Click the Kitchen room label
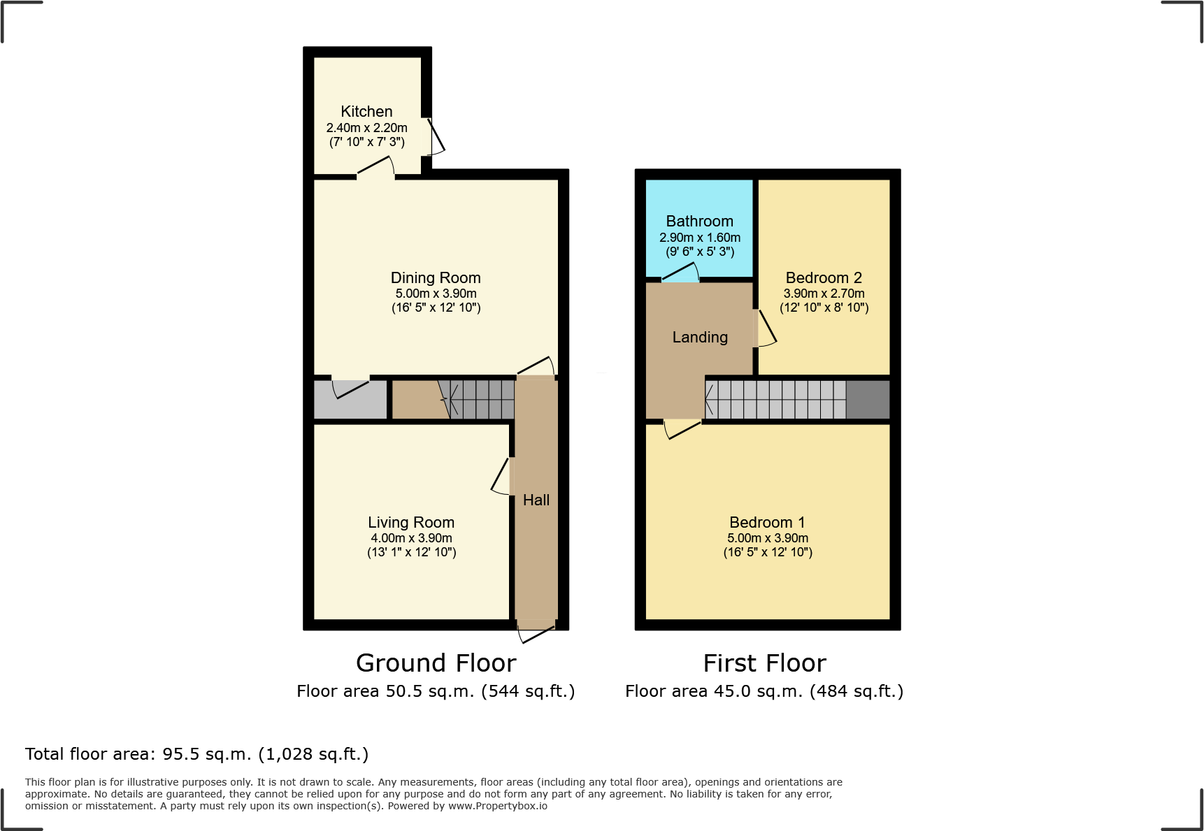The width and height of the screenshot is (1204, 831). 366,112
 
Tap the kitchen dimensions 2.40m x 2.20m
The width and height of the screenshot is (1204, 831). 366,128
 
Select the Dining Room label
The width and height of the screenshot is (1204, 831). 436,278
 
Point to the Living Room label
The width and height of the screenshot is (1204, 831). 411,523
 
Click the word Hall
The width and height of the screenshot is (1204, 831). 536,500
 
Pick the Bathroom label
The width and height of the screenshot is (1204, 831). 699,222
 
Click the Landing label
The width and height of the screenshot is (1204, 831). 700,338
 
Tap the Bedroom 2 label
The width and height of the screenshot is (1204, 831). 824,278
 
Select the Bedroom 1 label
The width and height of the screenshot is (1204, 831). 767,523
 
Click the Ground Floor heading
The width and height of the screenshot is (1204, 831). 436,663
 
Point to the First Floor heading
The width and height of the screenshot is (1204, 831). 764,663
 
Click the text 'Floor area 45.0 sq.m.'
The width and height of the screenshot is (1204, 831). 714,692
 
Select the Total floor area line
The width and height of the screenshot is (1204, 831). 196,754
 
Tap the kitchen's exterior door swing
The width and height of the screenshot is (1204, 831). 436,136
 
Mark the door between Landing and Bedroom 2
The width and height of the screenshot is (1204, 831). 765,328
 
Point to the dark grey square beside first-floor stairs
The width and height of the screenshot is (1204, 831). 868,400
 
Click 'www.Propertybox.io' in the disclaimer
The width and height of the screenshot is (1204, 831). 497,806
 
